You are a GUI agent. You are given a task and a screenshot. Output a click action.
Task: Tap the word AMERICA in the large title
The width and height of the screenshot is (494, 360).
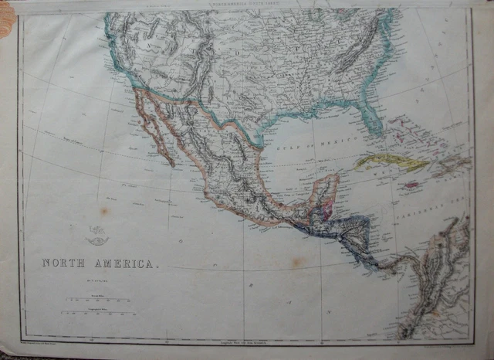pos(123,263)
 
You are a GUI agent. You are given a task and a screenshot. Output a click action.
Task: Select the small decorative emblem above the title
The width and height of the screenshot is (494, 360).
pos(97,234)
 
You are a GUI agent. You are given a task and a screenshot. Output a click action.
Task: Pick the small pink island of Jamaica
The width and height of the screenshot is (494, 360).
pos(412,185)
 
